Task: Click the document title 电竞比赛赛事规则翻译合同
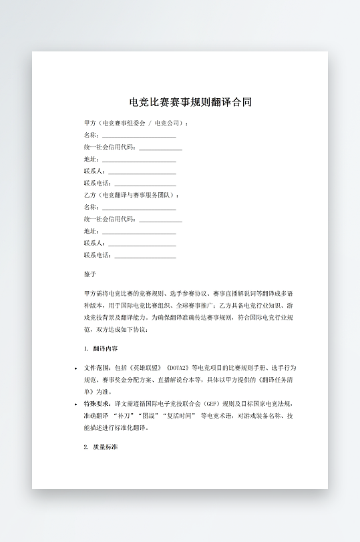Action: point(190,102)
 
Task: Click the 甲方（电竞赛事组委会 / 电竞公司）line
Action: point(136,123)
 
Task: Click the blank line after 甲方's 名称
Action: point(139,135)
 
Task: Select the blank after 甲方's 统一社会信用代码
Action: point(160,148)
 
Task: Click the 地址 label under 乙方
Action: point(91,231)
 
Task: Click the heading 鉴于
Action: point(90,274)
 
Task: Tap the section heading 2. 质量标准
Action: point(101,447)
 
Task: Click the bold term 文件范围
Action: point(98,367)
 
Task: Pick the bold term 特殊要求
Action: point(98,404)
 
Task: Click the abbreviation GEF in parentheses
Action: point(212,404)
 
